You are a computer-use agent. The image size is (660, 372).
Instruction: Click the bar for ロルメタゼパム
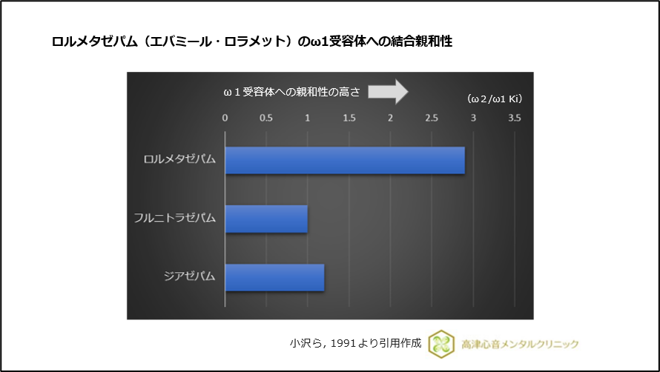345,161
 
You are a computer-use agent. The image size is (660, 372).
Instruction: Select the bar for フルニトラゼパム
266,219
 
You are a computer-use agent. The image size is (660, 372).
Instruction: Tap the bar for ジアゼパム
274,277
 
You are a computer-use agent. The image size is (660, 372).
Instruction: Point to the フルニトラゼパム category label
175,219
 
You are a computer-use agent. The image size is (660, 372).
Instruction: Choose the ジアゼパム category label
190,276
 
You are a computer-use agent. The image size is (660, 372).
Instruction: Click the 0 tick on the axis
225,118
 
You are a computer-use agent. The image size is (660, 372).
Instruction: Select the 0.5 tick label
266,118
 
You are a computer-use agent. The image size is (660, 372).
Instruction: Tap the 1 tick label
308,118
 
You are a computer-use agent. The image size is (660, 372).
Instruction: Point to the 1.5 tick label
349,118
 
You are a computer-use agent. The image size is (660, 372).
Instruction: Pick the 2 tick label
390,118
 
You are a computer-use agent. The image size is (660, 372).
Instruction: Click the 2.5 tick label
432,118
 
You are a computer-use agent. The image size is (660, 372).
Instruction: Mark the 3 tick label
472,118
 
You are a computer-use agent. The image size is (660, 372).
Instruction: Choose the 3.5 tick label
514,118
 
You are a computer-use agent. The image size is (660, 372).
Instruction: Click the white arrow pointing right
388,91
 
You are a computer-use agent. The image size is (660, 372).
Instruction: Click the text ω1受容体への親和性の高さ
291,92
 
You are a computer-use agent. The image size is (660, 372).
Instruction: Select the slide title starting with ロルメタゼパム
251,41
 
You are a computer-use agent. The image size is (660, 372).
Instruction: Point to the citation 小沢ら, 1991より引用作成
355,343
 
